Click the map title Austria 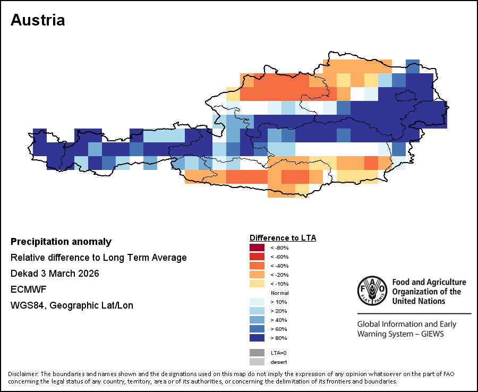tap(38, 20)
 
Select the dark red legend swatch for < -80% tap(257, 248)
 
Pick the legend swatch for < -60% tap(257, 257)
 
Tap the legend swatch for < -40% tap(257, 266)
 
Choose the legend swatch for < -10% tap(257, 284)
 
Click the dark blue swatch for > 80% tap(257, 337)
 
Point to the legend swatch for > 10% tap(257, 302)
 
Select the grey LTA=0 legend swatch tap(257, 353)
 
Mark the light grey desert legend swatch tap(257, 362)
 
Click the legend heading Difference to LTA tap(283, 237)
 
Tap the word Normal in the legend tap(279, 293)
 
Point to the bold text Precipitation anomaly tap(61, 242)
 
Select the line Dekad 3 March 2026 tap(55, 274)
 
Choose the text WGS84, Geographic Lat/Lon tap(72, 305)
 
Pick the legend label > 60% tap(279, 329)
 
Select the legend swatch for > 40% tap(257, 320)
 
